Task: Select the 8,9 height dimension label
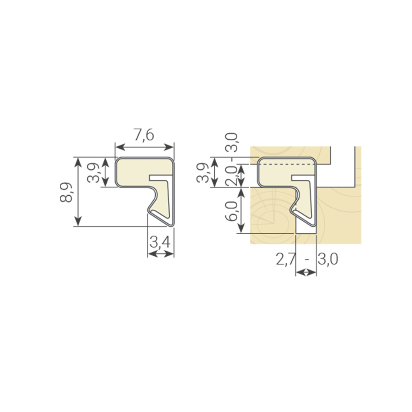[x=66, y=192]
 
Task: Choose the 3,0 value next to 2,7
[x=328, y=259]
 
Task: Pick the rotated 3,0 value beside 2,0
[x=232, y=142]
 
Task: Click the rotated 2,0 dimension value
[x=232, y=176]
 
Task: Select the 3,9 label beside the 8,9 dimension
[x=93, y=173]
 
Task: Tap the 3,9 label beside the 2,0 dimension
[x=203, y=173]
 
